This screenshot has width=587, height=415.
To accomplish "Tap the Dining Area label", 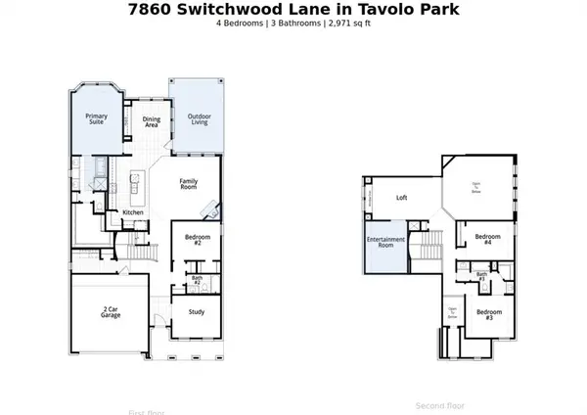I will [152, 122].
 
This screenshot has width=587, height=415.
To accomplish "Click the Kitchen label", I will [133, 212].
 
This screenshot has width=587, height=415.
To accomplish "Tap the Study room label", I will [197, 312].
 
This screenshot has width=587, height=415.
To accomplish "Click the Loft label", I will [401, 198].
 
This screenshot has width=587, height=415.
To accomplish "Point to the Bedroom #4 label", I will [488, 239].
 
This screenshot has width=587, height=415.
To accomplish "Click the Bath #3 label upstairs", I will [481, 277].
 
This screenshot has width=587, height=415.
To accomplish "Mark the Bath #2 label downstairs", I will [197, 281].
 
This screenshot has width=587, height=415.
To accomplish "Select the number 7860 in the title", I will [153, 9].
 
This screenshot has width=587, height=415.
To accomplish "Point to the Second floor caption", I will [440, 405].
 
